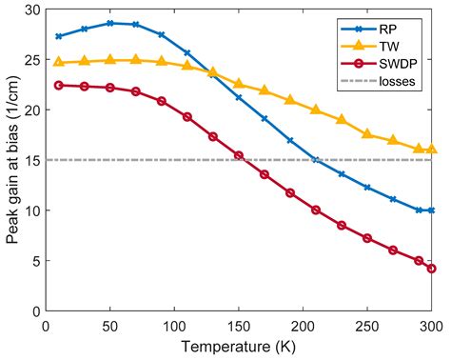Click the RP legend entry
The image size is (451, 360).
[x=388, y=28]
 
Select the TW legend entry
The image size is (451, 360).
[x=388, y=46]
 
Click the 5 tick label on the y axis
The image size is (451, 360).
[x=34, y=260]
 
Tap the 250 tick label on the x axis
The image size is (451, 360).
[x=367, y=325]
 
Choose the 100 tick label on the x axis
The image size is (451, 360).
[x=174, y=325]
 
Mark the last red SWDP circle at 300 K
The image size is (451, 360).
[x=432, y=269]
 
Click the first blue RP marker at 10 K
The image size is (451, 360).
[x=59, y=36]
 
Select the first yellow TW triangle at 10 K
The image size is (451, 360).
[x=59, y=62]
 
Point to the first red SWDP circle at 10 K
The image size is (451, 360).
[x=59, y=85]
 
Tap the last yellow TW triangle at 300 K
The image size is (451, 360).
[x=432, y=150]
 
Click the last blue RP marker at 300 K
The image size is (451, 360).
[x=432, y=210]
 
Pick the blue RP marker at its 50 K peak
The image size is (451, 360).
[x=110, y=23]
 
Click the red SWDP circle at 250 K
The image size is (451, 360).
[x=367, y=238]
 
